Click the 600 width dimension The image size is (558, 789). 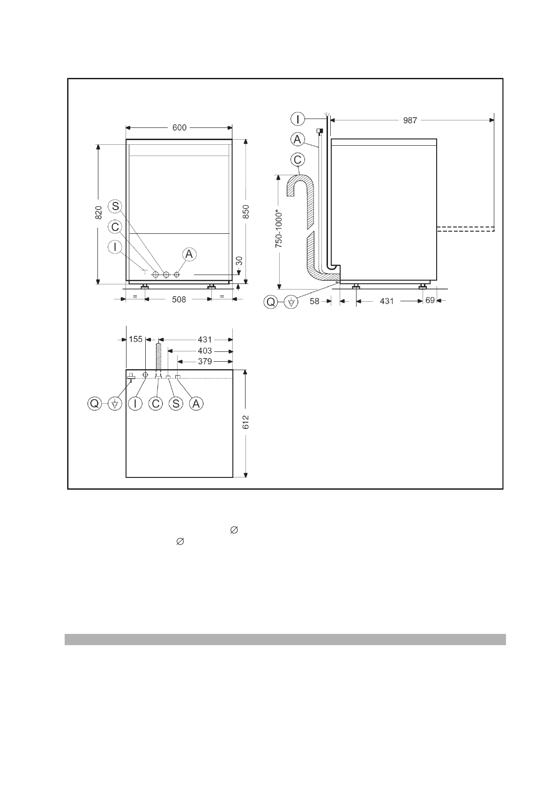[x=179, y=127]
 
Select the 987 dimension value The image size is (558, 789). [x=410, y=120]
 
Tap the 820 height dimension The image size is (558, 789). [x=99, y=213]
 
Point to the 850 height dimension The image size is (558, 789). [x=246, y=212]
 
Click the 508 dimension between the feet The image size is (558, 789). [x=179, y=299]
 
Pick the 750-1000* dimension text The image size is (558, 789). [x=279, y=229]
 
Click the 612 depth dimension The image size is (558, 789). [x=246, y=422]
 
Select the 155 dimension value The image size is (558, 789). [x=135, y=339]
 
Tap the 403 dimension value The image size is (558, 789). [x=205, y=351]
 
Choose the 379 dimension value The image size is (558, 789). [x=205, y=361]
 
